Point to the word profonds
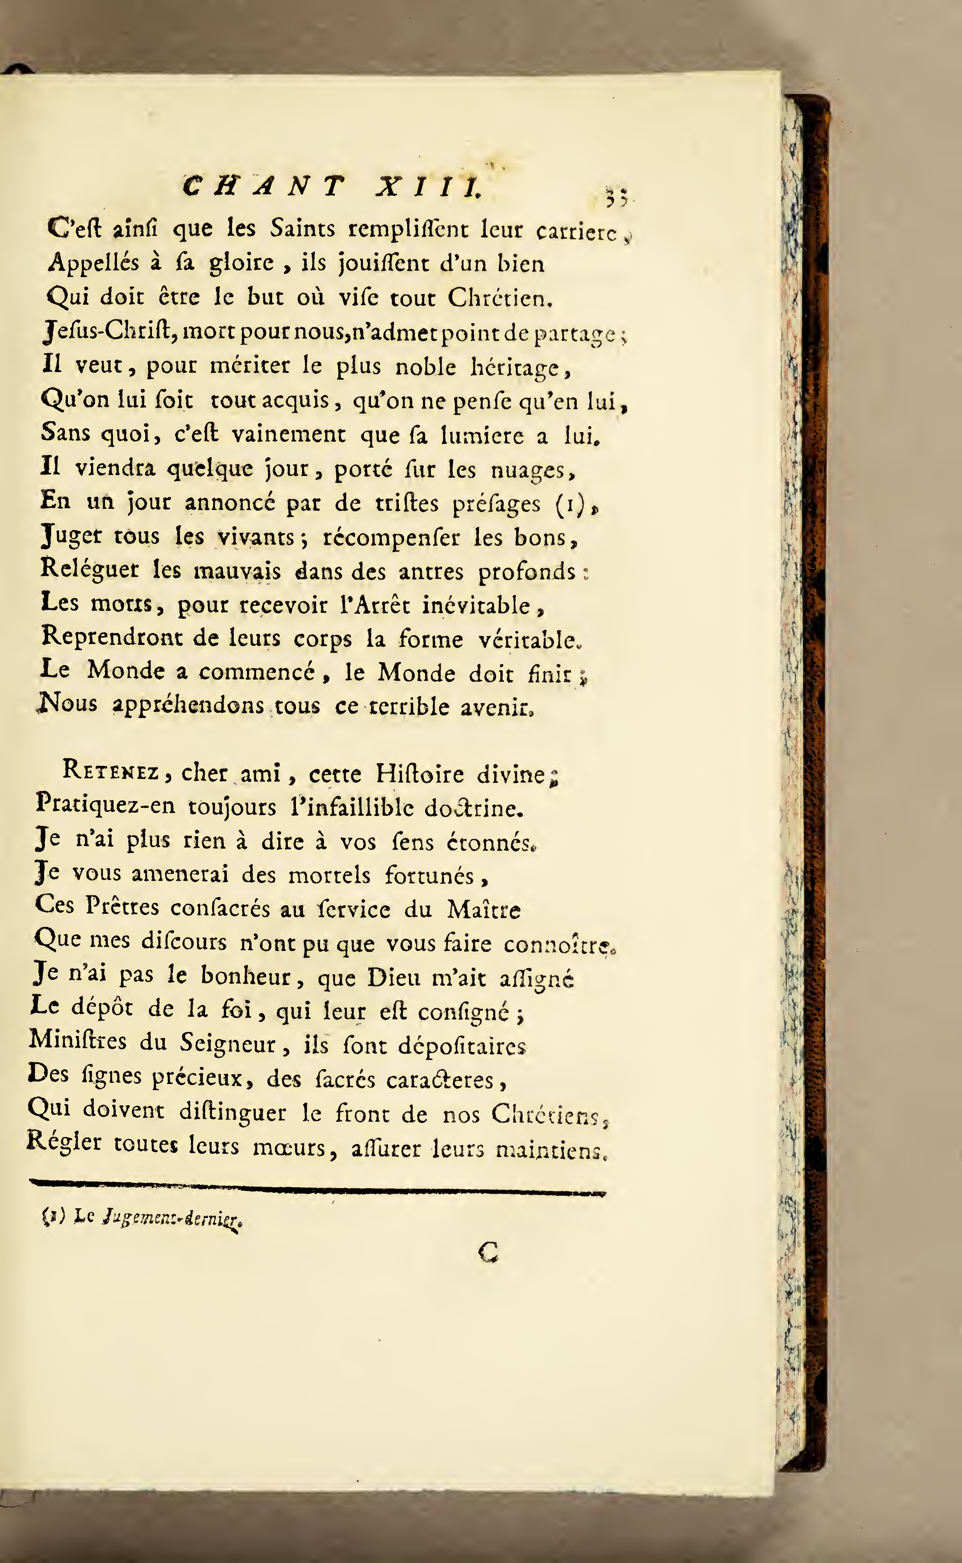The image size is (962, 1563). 527,572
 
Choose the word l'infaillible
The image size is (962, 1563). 351,808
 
